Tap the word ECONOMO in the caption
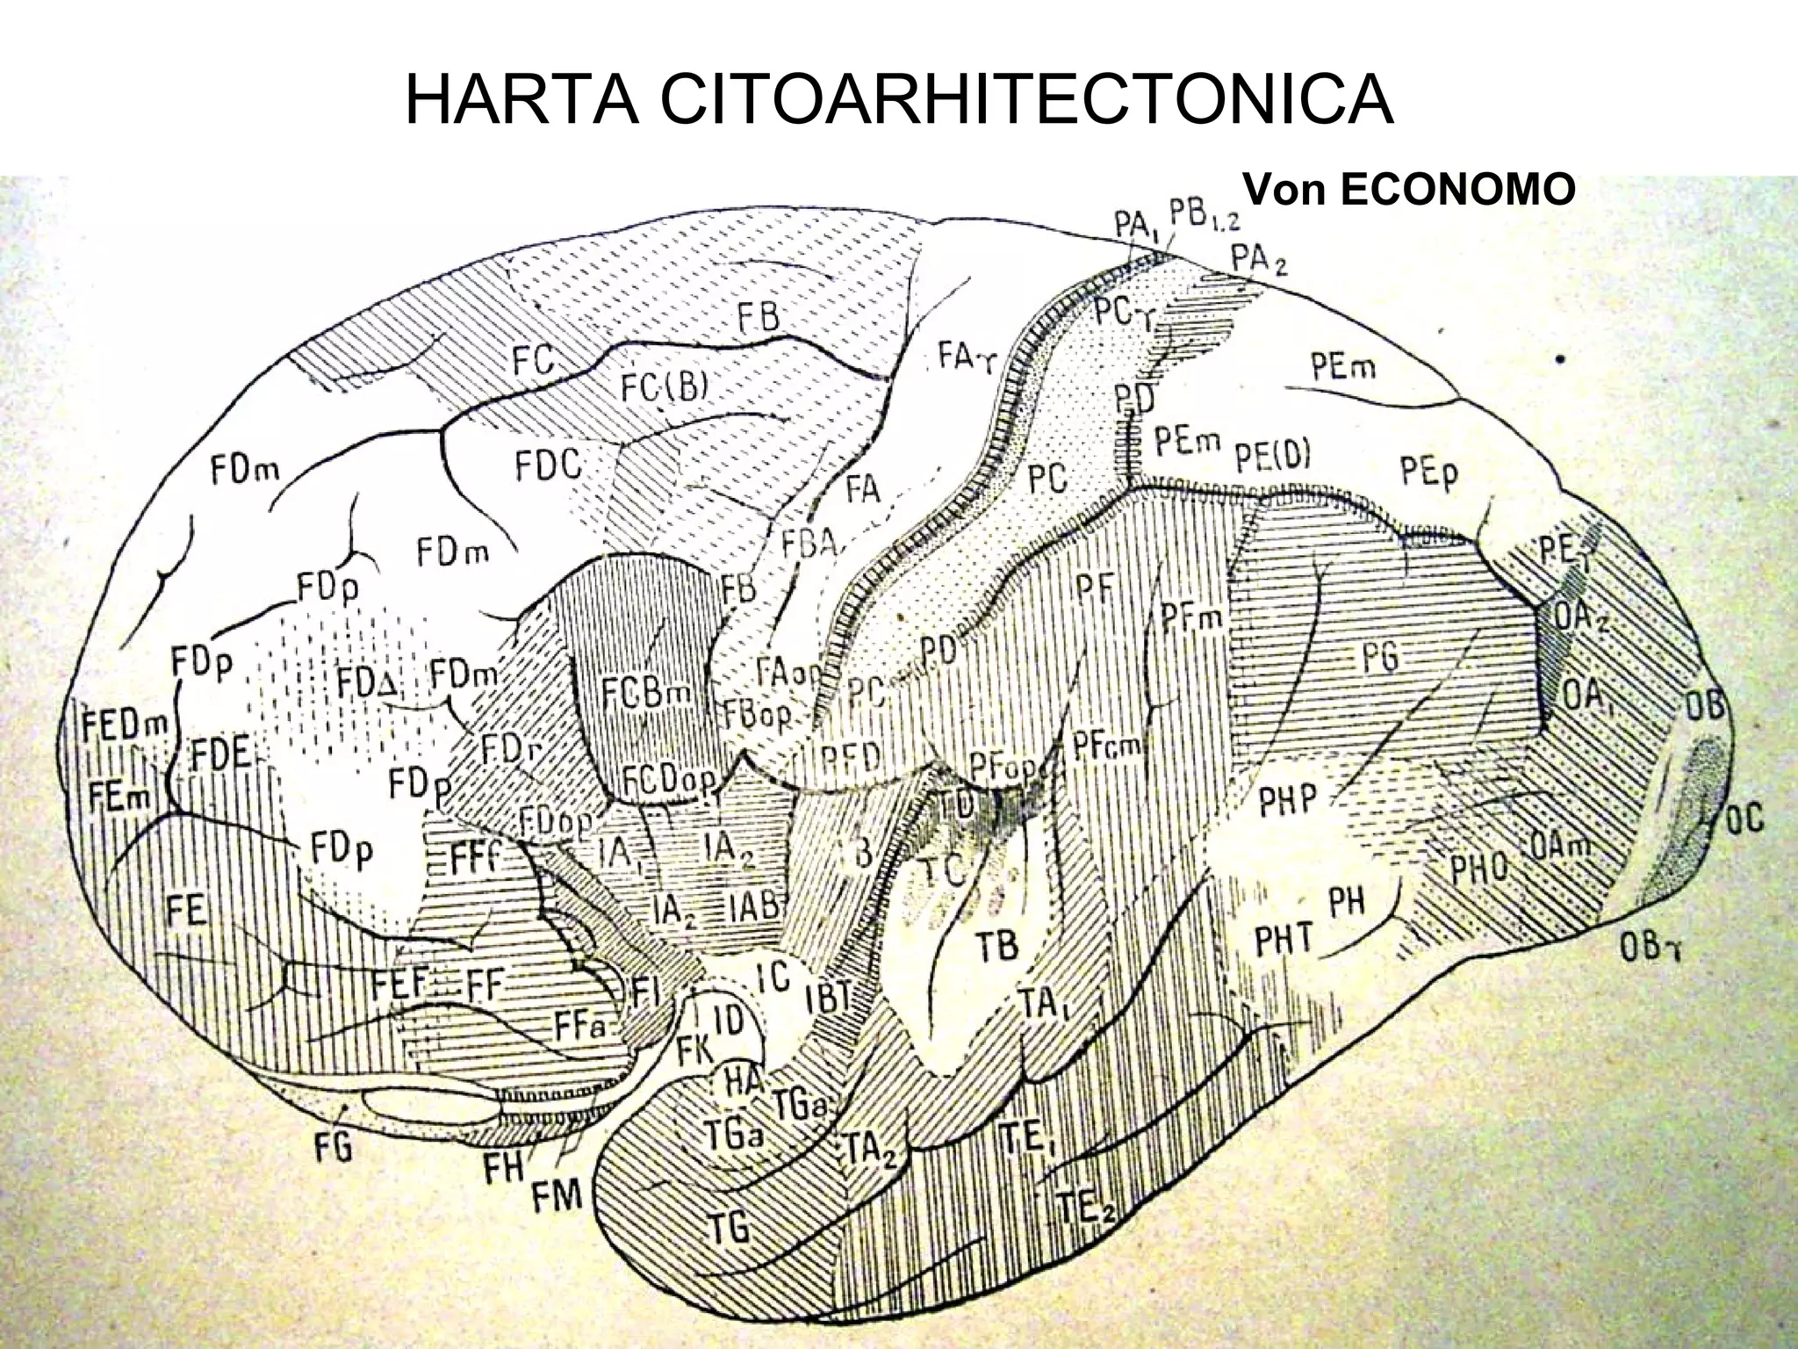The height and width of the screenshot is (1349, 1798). coord(1458,190)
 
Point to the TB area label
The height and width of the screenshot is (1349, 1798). coord(997,945)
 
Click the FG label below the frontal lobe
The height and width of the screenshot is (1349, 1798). coord(334,1146)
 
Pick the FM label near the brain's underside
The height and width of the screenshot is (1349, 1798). coord(558,1195)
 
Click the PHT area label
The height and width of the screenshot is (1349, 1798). coord(1283,941)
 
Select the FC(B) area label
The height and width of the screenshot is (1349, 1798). coord(664,386)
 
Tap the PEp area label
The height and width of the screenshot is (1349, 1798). coord(1428,474)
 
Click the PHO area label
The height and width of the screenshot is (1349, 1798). coord(1478,869)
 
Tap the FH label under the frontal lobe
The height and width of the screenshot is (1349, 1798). coord(503,1167)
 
